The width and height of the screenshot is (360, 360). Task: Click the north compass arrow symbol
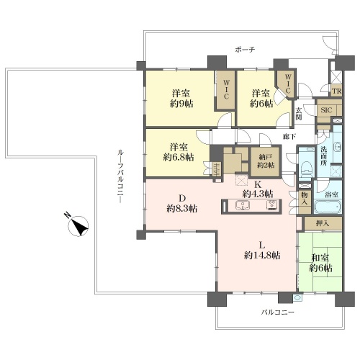78,226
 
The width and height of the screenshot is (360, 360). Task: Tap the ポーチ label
245,50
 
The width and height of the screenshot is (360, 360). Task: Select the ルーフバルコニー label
120,176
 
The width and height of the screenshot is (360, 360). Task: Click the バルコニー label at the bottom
277,312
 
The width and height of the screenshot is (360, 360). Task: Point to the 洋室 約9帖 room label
181,99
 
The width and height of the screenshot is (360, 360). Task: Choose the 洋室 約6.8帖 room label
179,152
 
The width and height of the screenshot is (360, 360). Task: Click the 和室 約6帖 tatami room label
320,263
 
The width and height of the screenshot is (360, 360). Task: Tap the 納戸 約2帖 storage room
266,161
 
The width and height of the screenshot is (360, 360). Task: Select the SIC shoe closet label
326,110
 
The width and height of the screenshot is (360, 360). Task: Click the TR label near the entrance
336,91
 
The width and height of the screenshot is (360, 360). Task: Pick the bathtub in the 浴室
328,207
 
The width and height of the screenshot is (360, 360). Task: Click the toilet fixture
307,168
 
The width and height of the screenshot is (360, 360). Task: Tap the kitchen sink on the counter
243,206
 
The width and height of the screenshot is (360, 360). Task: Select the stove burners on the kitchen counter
272,205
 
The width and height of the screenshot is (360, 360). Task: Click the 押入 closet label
323,224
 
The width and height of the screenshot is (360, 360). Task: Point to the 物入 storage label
305,199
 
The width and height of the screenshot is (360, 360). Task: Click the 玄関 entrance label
299,114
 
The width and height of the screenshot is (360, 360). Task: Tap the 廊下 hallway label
289,137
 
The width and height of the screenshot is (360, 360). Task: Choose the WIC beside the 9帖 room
226,89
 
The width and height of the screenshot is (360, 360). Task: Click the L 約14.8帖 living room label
262,251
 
